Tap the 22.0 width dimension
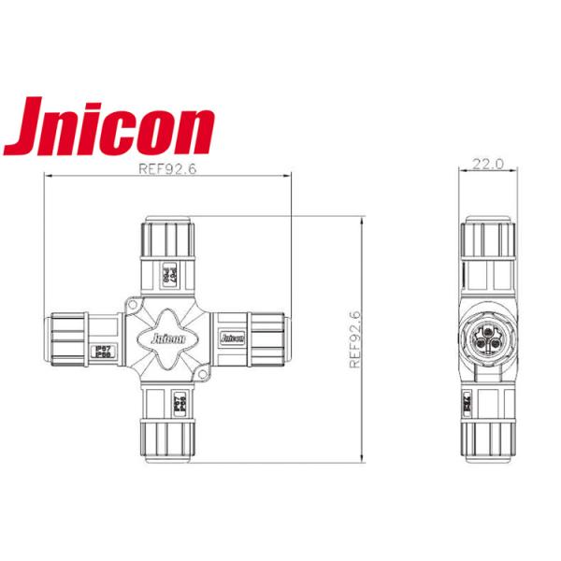pos(487,163)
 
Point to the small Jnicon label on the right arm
pos(228,335)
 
